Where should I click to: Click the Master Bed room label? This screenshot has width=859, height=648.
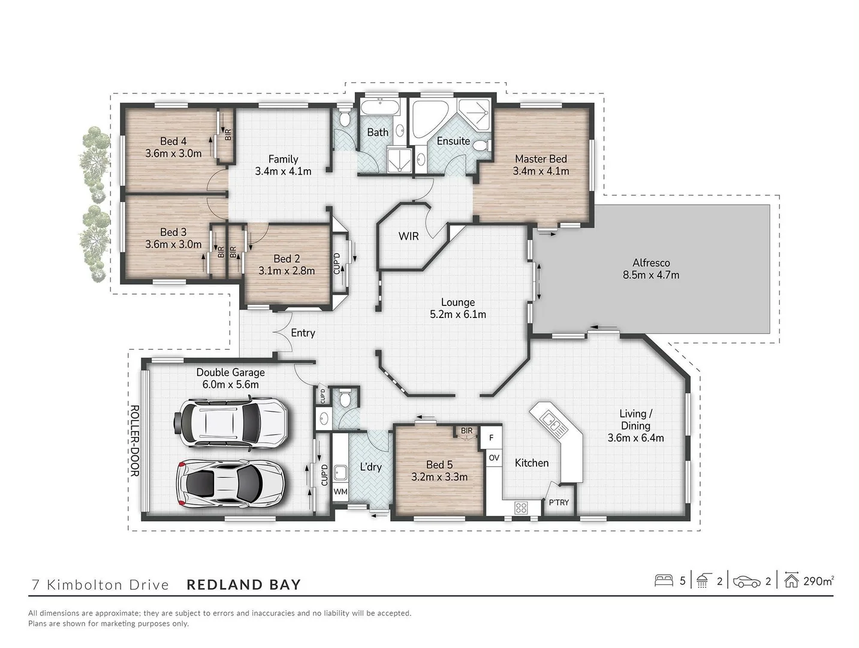(x=541, y=159)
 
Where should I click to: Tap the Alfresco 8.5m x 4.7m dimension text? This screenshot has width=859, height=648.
(x=650, y=275)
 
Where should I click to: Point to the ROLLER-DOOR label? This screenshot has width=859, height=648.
(x=134, y=440)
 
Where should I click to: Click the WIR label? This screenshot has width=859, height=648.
(x=408, y=236)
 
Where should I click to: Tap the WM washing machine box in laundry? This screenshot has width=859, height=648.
(x=340, y=491)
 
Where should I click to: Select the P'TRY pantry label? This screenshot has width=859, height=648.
(x=558, y=502)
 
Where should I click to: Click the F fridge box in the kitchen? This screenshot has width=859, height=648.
(x=491, y=438)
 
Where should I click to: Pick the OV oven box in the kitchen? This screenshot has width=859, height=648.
(x=493, y=458)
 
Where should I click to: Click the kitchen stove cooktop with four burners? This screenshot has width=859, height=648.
(x=520, y=508)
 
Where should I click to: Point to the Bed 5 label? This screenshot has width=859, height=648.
(x=439, y=464)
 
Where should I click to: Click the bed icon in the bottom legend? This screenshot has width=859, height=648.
(x=664, y=581)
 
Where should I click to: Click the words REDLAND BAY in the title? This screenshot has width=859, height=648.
(x=243, y=584)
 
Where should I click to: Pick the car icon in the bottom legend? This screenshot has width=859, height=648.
(x=747, y=581)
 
